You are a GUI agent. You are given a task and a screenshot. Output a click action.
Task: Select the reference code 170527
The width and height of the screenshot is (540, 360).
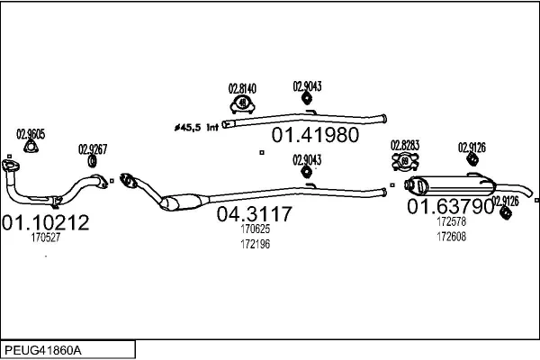(46, 238)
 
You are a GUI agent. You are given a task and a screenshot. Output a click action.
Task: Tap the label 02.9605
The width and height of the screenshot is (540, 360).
(31, 134)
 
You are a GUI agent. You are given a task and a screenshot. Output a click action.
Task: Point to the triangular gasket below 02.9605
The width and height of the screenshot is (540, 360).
(31, 149)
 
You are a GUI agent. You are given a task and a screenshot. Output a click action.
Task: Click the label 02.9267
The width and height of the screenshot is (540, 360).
(93, 149)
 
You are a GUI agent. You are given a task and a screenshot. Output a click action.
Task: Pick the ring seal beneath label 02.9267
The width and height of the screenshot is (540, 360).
(93, 162)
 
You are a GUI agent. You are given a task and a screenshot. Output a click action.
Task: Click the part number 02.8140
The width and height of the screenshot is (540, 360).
(242, 89)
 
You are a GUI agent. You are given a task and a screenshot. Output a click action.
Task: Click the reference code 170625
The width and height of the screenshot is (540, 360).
(255, 229)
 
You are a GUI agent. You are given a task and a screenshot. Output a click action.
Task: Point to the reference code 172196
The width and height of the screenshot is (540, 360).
(255, 244)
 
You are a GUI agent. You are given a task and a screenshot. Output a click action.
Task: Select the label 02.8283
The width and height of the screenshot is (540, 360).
(405, 145)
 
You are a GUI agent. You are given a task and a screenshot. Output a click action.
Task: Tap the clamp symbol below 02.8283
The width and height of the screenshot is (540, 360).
(405, 162)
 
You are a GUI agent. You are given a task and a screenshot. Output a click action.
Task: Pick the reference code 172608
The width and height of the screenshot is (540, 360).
(451, 237)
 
